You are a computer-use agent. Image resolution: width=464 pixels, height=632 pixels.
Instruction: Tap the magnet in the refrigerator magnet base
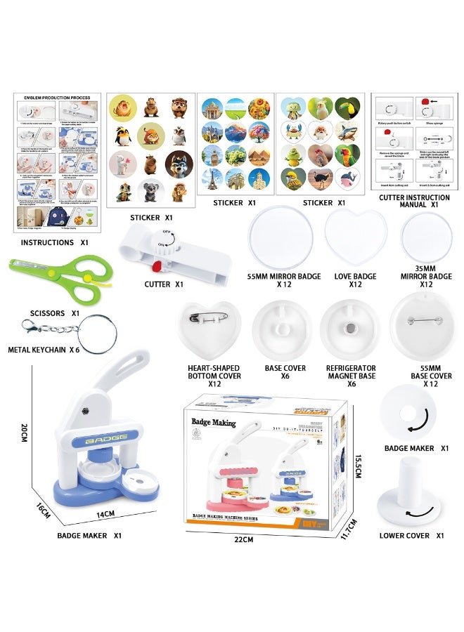coord(350,328)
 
